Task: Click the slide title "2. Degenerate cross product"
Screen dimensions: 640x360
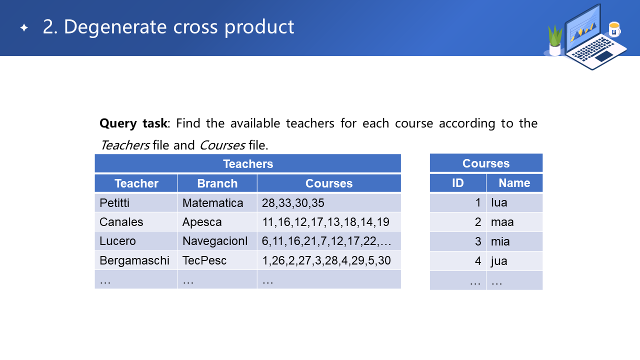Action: pyautogui.click(x=168, y=27)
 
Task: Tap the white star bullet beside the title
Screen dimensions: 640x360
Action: pyautogui.click(x=24, y=27)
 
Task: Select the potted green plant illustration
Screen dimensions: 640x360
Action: pyautogui.click(x=555, y=40)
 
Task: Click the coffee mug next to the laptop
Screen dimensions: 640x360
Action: pyautogui.click(x=614, y=29)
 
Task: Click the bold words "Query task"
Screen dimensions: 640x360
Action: pyautogui.click(x=133, y=123)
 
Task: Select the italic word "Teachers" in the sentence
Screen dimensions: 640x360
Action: pyautogui.click(x=125, y=145)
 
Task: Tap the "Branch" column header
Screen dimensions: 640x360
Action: pyautogui.click(x=217, y=183)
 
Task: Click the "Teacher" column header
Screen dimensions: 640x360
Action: pyautogui.click(x=136, y=183)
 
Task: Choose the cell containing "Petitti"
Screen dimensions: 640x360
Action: pyautogui.click(x=136, y=203)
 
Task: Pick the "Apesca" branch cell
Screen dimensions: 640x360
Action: pyautogui.click(x=217, y=222)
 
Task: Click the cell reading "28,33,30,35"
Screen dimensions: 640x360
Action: pyautogui.click(x=329, y=203)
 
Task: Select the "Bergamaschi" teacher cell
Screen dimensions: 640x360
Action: pyautogui.click(x=136, y=260)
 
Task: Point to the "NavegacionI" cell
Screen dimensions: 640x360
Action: pyautogui.click(x=217, y=241)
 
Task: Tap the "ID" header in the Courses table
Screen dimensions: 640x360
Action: pyautogui.click(x=457, y=183)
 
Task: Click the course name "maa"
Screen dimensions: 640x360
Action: pyautogui.click(x=502, y=222)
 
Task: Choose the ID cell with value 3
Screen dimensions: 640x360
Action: pyautogui.click(x=457, y=241)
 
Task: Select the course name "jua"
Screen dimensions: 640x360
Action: pyautogui.click(x=499, y=261)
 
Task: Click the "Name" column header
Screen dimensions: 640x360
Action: pyautogui.click(x=514, y=183)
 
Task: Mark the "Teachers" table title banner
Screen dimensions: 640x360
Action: pyautogui.click(x=247, y=163)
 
